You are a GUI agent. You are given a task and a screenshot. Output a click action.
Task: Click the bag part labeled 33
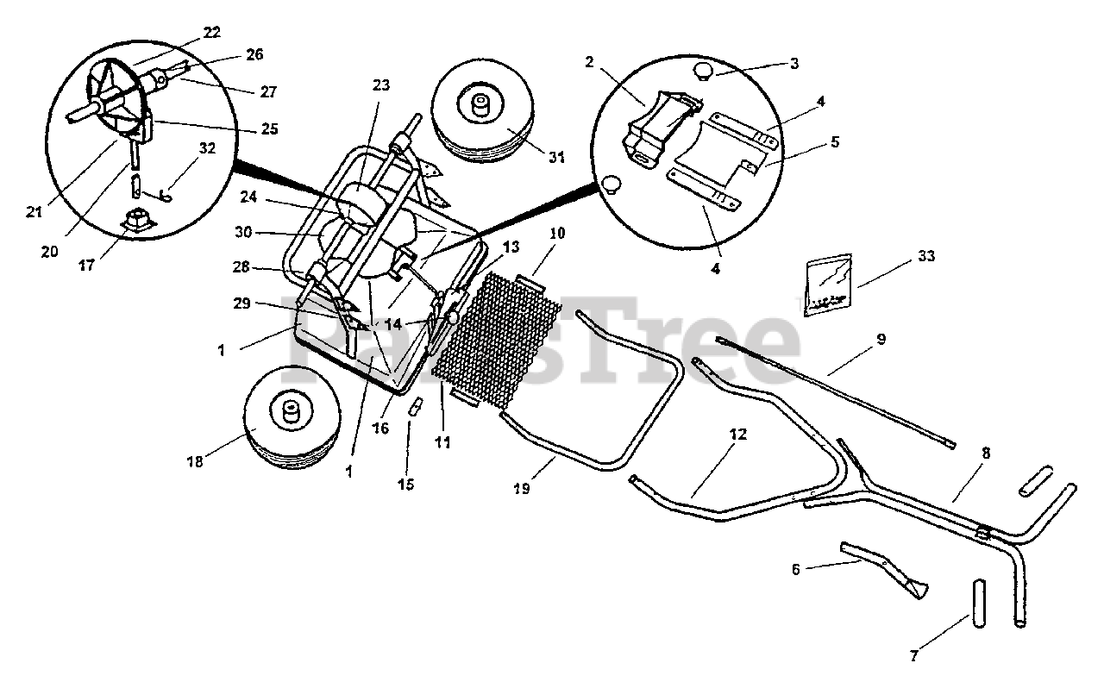coord(828,285)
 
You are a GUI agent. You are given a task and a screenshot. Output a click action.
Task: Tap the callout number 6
coord(795,569)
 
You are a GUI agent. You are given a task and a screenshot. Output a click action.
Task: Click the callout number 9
coord(880,340)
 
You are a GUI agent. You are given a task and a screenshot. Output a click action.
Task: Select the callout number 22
coord(211,32)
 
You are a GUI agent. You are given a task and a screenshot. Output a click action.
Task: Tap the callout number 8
coord(985,452)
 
